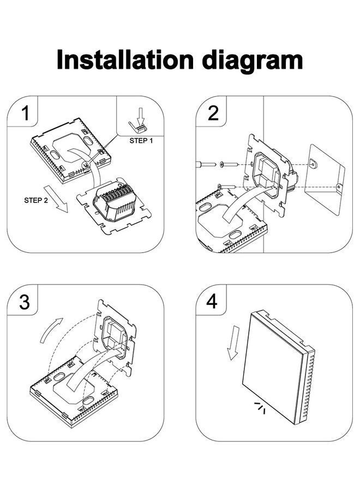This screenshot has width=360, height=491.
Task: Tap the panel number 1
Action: coord(25,113)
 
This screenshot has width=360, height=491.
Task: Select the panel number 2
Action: coord(213,113)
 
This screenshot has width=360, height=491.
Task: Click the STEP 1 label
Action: coord(141,140)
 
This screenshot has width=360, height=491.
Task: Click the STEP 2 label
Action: coord(36,200)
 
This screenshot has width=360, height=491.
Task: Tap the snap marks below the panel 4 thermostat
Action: coord(260,406)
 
